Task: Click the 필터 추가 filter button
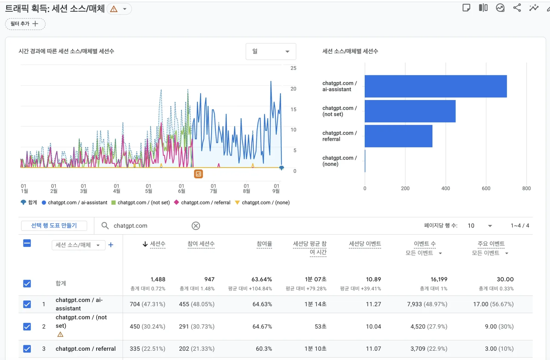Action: [x=25, y=24]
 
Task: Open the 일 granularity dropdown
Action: [x=271, y=51]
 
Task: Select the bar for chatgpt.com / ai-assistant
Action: [x=436, y=86]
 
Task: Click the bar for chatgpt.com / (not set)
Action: [x=410, y=111]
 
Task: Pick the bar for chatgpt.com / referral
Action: [x=398, y=136]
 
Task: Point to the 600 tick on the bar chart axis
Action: [x=486, y=188]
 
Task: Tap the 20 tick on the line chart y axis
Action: [x=293, y=89]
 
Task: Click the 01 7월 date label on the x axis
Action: [x=213, y=188]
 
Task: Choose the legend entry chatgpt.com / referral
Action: [x=202, y=202]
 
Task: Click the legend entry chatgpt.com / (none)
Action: [x=262, y=202]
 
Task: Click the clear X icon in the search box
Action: [x=196, y=226]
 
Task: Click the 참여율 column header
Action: [x=264, y=244]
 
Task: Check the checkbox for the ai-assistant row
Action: [x=27, y=304]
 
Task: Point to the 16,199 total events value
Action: [x=439, y=279]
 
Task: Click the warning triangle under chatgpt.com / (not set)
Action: [x=60, y=334]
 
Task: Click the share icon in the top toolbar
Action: [x=517, y=8]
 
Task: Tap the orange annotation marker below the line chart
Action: [x=198, y=174]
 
